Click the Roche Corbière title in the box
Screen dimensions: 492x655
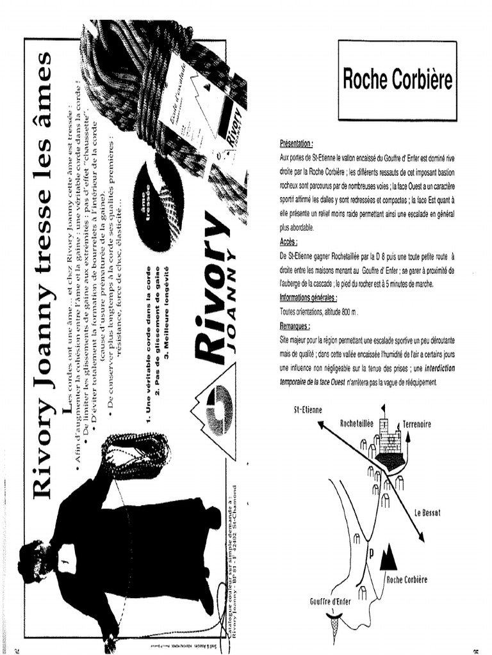tap(397, 80)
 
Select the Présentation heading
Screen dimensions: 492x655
tap(296, 145)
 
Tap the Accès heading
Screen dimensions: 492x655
tap(289, 242)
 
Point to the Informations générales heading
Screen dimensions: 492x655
tap(308, 298)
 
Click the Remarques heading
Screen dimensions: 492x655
tap(295, 326)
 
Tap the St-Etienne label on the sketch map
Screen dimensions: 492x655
tap(305, 410)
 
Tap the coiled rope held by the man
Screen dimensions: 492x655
tap(137, 456)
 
